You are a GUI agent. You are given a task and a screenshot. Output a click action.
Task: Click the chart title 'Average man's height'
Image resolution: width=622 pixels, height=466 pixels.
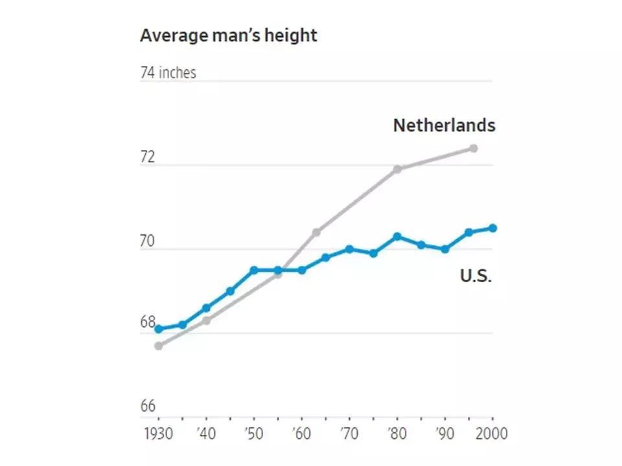[x=228, y=35]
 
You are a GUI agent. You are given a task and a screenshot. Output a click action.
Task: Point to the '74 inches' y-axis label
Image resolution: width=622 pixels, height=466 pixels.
[x=168, y=72]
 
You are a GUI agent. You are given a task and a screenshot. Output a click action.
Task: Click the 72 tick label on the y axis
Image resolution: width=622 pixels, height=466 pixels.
[x=148, y=157]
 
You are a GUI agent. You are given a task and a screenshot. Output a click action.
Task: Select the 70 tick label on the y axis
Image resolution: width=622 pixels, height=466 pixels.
[x=148, y=241]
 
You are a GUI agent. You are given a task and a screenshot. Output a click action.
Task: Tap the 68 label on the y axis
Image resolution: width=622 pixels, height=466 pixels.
[x=148, y=322]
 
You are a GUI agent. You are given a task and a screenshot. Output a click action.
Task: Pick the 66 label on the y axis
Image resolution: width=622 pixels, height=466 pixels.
[x=148, y=406]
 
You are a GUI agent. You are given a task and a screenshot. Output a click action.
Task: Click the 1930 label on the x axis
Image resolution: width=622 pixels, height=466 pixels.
[x=158, y=433]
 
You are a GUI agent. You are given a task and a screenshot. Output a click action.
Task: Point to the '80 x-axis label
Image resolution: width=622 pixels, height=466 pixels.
[x=397, y=433]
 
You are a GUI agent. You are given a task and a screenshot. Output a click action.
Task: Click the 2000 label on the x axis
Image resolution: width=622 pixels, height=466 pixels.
[x=491, y=433]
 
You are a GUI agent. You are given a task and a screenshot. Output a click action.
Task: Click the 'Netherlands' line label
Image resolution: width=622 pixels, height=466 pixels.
[x=444, y=125]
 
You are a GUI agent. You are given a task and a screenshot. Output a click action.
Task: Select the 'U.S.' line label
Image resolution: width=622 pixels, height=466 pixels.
[x=476, y=276]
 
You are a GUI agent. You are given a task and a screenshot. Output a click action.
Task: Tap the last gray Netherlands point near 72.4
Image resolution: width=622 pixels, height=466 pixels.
[x=474, y=148]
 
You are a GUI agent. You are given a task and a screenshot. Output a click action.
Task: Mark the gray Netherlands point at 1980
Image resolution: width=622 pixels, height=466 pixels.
[x=398, y=169]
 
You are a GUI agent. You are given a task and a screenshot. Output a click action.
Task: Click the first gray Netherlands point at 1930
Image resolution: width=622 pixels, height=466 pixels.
[x=158, y=346]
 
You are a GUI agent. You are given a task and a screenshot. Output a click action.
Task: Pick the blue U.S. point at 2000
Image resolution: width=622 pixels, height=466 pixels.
[x=493, y=228]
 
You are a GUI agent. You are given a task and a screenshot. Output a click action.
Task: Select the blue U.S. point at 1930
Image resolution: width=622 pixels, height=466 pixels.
[x=158, y=329]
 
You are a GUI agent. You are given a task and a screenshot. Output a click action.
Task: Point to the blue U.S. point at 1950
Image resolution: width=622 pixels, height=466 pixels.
[x=254, y=270]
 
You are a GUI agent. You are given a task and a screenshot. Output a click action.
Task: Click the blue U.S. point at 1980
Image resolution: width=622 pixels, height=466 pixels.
[x=398, y=236]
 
